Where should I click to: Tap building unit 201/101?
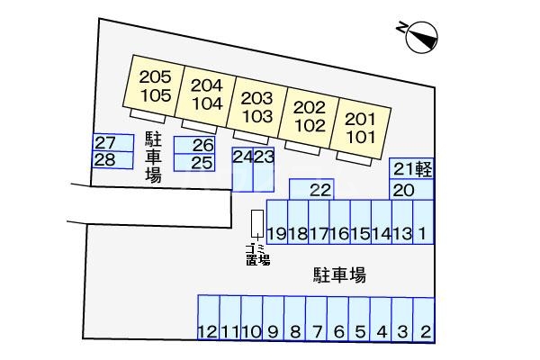pyautogui.click(x=360, y=127)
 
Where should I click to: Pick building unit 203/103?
pyautogui.click(x=257, y=106)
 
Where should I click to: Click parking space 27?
pyautogui.click(x=105, y=143)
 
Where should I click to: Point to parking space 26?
pyautogui.click(x=193, y=146)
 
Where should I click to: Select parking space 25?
pyautogui.click(x=193, y=163)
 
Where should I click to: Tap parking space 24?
pyautogui.click(x=241, y=169)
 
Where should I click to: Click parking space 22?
pyautogui.click(x=319, y=189)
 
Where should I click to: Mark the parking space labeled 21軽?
pyautogui.click(x=412, y=168)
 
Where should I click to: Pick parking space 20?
pyautogui.click(x=402, y=190)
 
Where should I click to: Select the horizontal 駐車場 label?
pyautogui.click(x=338, y=274)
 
